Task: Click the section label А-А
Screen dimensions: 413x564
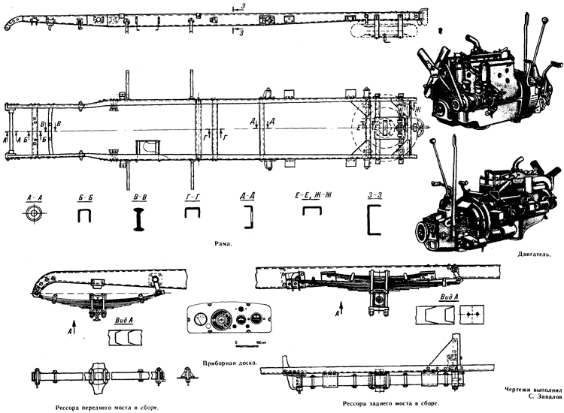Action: pyautogui.click(x=32, y=196)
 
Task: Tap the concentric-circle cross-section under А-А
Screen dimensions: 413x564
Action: pyautogui.click(x=32, y=215)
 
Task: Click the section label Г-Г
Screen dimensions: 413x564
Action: pyautogui.click(x=193, y=197)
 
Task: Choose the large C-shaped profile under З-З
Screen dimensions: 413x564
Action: pyautogui.click(x=374, y=221)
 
